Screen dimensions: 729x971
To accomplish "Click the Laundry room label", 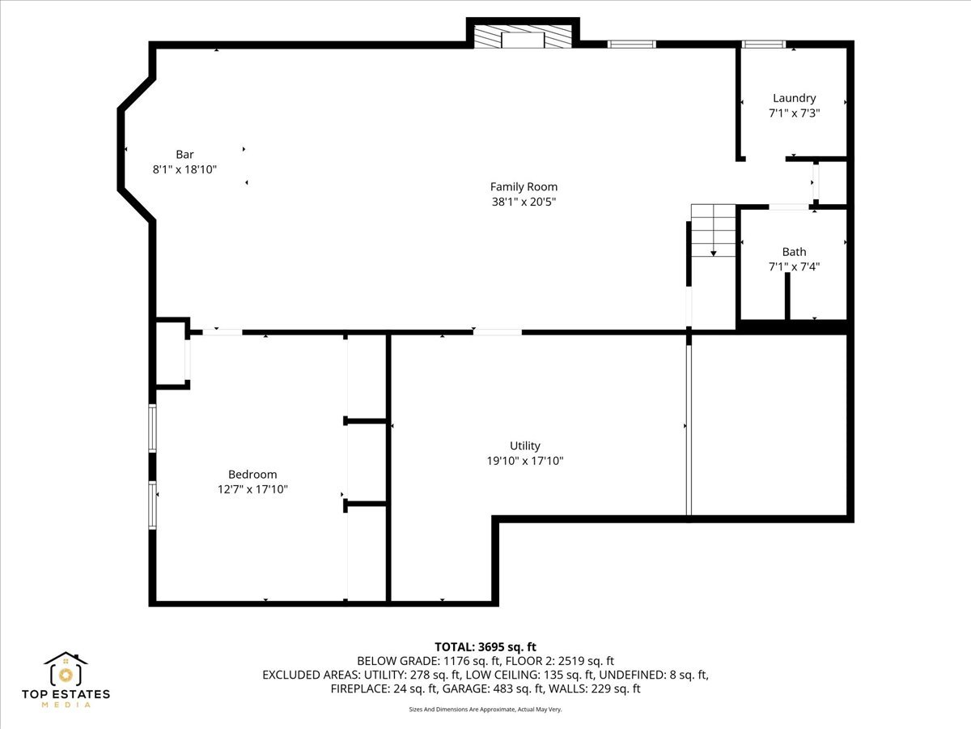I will click(x=794, y=98).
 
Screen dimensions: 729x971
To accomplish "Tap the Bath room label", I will click(x=794, y=252).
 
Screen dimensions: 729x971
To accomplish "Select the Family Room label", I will click(x=524, y=186).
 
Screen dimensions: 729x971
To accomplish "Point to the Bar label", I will click(x=184, y=154).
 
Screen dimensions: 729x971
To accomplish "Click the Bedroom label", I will click(x=252, y=475).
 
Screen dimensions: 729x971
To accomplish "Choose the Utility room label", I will click(x=524, y=446).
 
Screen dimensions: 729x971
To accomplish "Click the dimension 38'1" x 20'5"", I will click(x=524, y=202).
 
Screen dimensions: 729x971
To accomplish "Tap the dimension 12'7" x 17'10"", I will click(x=252, y=489).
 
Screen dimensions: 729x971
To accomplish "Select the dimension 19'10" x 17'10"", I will click(x=524, y=461).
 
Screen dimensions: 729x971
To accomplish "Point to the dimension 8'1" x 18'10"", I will click(x=184, y=169).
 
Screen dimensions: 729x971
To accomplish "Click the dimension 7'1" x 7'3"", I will click(x=794, y=113).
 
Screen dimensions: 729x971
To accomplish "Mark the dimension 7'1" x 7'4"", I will click(x=794, y=266).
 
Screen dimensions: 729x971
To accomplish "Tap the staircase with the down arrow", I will click(x=713, y=231).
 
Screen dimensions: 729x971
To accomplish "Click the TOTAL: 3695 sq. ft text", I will click(x=485, y=646).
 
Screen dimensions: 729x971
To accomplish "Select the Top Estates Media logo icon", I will click(x=66, y=671).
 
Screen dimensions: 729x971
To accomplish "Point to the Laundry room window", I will click(x=764, y=45).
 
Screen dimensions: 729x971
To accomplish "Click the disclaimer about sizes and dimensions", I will click(x=485, y=710).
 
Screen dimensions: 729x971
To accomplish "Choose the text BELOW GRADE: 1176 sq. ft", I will click(x=418, y=660).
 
